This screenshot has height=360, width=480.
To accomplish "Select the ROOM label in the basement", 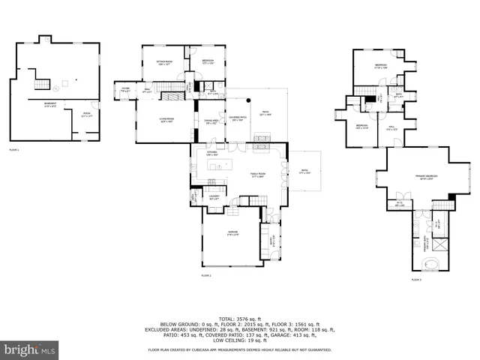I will [x=86, y=113].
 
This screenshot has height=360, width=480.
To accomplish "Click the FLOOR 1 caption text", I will [x=13, y=150].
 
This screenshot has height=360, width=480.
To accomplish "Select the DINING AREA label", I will [x=211, y=121].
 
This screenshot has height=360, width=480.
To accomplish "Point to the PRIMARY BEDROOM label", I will [x=425, y=177].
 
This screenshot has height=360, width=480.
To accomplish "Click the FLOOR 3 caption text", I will [x=415, y=280].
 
